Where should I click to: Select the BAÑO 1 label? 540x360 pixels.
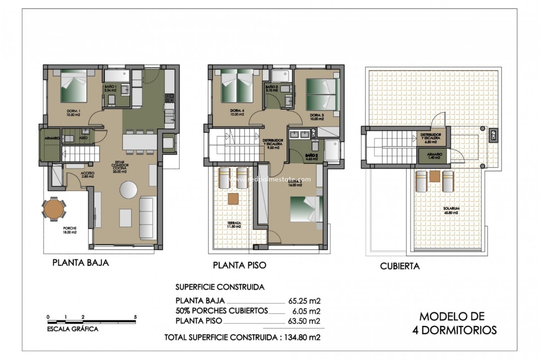coord(110,88)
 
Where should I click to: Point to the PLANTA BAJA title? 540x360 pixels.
coord(80,263)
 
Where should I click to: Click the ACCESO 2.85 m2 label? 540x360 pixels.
coord(87,175)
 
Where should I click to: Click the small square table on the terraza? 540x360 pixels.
coord(233,198)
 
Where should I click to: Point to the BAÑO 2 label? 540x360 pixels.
coord(311,157)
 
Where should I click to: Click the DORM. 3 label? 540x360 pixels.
coord(317,117)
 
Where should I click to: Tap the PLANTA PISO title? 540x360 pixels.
coord(239,265)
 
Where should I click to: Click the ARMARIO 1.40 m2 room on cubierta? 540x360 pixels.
coord(434,156)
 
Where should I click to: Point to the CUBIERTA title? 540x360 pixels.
coord(400,266)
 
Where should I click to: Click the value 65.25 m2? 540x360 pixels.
coord(304,301)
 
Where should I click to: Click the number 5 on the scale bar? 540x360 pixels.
coord(135,317)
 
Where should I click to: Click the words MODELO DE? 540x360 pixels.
coord(452,317)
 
